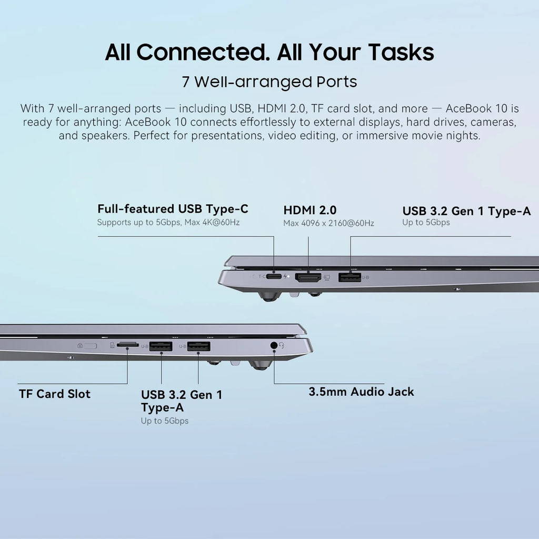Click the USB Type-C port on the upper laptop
coord(274,276)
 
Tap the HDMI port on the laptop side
coord(308,277)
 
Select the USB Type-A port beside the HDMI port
coord(350,277)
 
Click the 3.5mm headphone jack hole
coord(274,346)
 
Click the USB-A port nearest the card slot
coord(161,346)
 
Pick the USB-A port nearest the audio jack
coord(198,346)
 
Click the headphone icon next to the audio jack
coord(283,346)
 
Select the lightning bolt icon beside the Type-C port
coord(286,276)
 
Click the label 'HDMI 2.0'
coord(310,210)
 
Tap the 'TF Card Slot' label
coord(55,394)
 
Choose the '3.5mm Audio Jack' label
coord(361,392)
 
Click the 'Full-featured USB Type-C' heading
coord(173,208)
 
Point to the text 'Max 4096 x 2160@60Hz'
coord(328,223)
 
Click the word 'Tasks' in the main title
coord(401,52)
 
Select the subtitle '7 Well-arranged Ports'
coord(269,82)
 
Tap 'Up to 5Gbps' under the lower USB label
coord(164,421)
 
